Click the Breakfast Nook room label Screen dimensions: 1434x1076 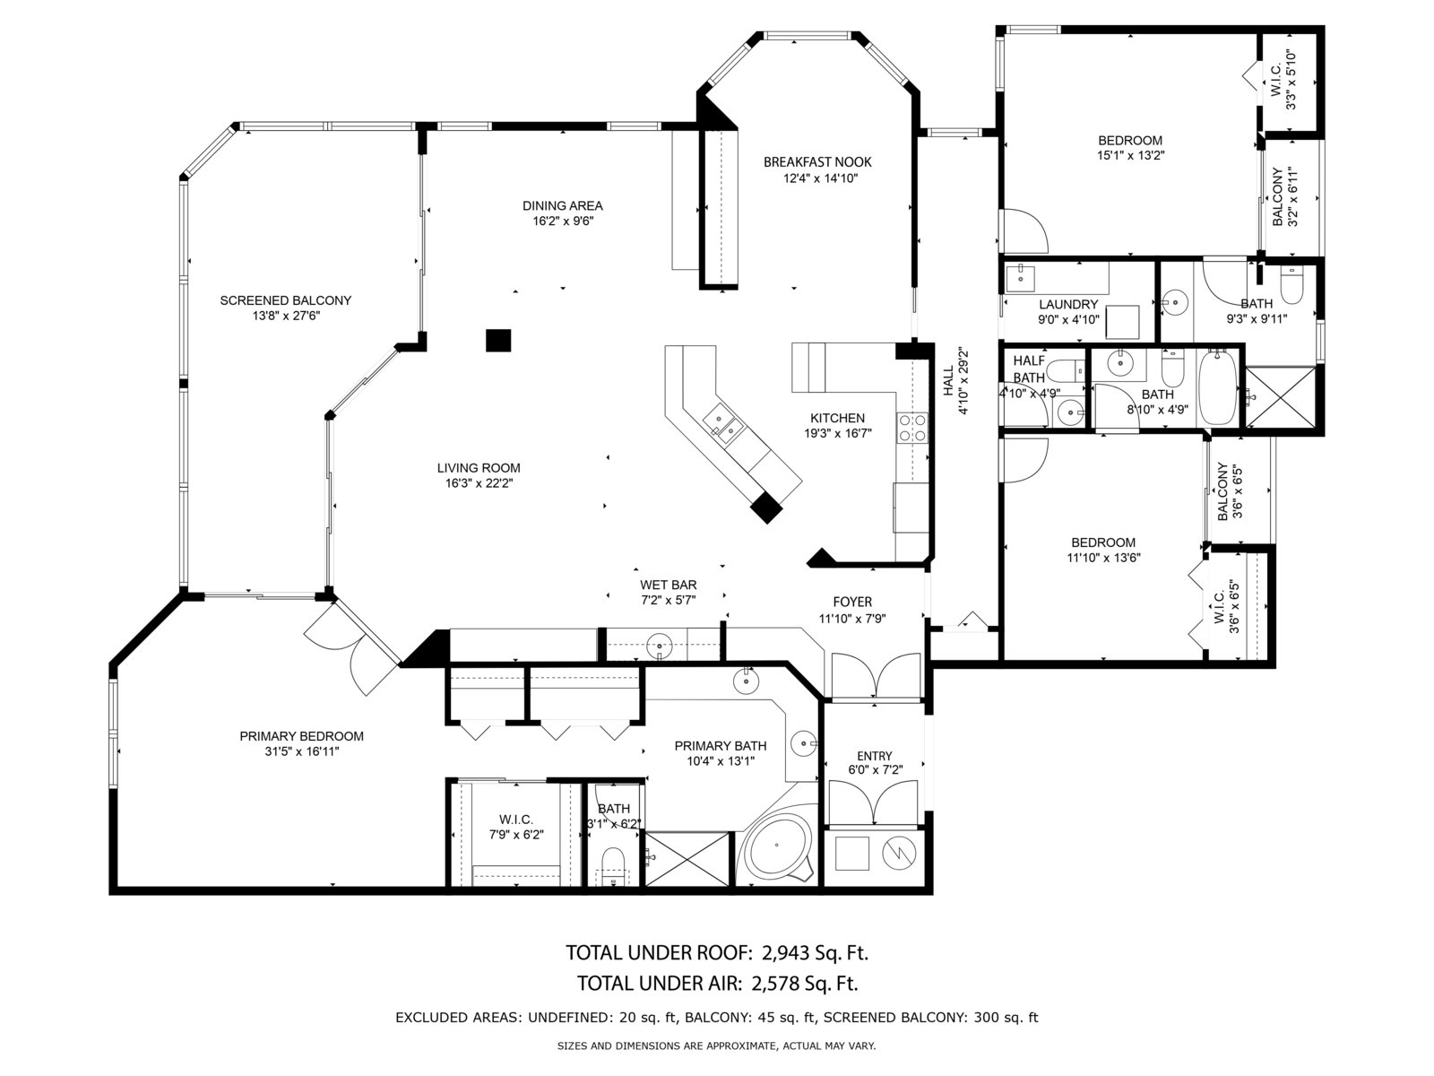(817, 162)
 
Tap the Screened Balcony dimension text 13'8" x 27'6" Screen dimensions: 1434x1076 (286, 317)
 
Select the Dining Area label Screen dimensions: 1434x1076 (563, 206)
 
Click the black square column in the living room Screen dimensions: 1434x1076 (497, 341)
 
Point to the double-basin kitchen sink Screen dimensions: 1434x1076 (724, 422)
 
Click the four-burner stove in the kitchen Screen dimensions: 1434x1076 (912, 428)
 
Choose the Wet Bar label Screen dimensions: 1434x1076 (669, 585)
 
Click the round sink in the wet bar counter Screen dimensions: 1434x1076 (659, 646)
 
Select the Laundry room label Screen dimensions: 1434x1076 (1068, 305)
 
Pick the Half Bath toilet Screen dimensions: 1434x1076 (1064, 371)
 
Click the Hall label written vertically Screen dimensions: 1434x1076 (948, 381)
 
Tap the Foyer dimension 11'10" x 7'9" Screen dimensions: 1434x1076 (852, 619)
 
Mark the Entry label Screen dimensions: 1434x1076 (874, 756)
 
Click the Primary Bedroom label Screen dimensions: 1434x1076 (302, 736)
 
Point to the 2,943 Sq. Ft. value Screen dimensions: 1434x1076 (816, 953)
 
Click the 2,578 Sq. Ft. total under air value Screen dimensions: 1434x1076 (804, 984)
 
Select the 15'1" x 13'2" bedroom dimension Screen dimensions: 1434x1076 (1130, 155)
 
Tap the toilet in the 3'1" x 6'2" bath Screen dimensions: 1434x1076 (612, 865)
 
